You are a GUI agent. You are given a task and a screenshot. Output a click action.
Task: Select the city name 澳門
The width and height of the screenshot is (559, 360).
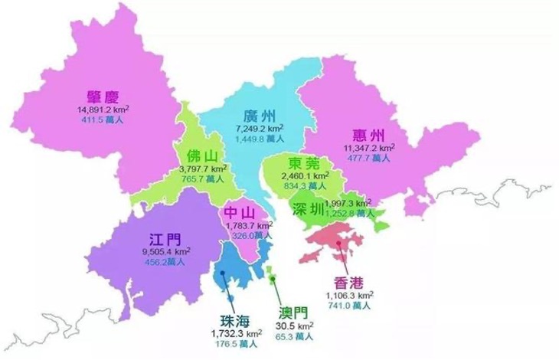[x=294, y=313]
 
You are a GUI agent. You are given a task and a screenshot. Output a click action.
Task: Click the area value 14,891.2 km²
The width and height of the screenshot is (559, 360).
[x=106, y=110]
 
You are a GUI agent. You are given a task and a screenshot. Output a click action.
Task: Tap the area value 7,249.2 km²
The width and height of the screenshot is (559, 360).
[x=260, y=128]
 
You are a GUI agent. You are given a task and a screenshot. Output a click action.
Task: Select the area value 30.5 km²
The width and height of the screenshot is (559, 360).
[x=293, y=326]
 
